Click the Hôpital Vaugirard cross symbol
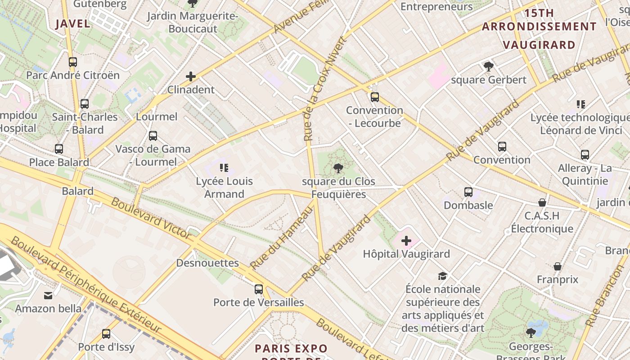click(406, 241)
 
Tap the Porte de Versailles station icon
click(258, 289)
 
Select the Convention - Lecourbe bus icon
click(374, 97)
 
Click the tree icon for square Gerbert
click(488, 67)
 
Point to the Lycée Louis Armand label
click(224, 188)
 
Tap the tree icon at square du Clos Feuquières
click(338, 169)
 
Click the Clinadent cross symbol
click(191, 76)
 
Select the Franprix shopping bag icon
click(557, 266)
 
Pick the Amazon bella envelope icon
click(48, 296)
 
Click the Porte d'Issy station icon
click(106, 334)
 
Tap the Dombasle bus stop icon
click(468, 192)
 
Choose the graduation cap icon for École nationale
click(443, 276)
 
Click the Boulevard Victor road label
click(151, 218)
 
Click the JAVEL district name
click(73, 24)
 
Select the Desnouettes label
click(207, 263)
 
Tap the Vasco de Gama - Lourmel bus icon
click(153, 135)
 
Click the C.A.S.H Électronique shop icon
click(542, 202)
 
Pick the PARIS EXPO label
click(291, 349)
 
